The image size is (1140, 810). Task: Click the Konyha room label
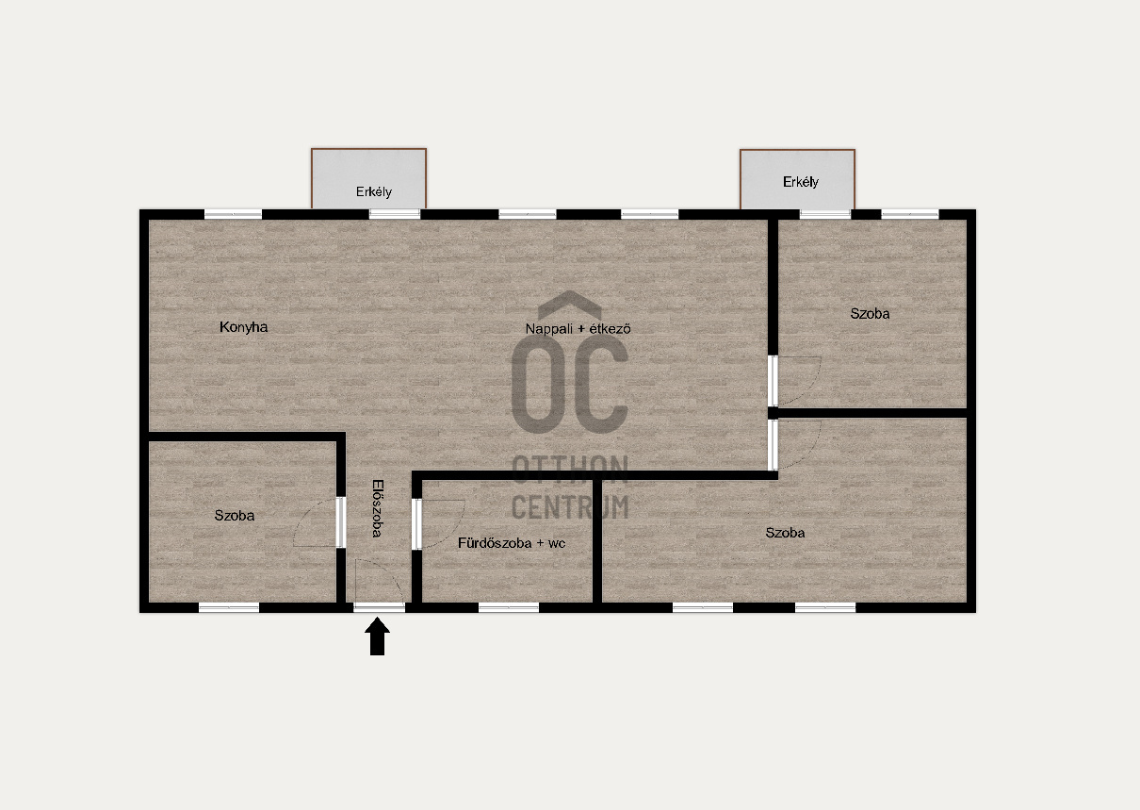[x=243, y=327]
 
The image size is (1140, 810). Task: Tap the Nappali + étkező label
[x=578, y=328]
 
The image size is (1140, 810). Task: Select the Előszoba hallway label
[x=377, y=508]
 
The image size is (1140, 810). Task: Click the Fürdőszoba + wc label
[x=512, y=543]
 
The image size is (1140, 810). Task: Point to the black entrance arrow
[x=377, y=636]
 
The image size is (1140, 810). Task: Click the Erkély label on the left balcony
[x=373, y=192]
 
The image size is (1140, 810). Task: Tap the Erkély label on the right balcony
[x=801, y=182]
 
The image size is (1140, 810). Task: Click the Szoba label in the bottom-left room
[x=234, y=516]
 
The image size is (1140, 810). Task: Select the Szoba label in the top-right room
[x=870, y=314]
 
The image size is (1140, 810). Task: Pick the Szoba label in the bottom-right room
[x=785, y=533]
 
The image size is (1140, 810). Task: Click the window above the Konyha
[x=233, y=214]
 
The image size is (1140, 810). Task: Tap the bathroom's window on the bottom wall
[x=509, y=607]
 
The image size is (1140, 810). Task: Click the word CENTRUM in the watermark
[x=570, y=507]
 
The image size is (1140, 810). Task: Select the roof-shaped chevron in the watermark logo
[x=569, y=305]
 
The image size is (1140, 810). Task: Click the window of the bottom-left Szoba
[x=229, y=607]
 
